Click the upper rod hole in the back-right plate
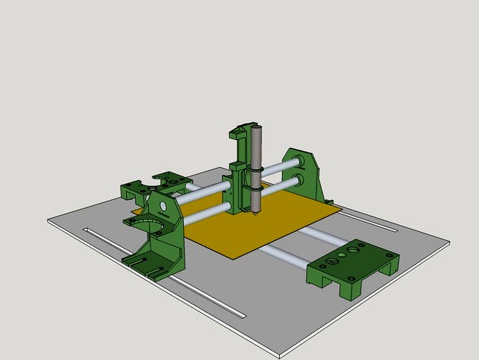click(x=297, y=162)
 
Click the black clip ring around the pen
click(x=256, y=169)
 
